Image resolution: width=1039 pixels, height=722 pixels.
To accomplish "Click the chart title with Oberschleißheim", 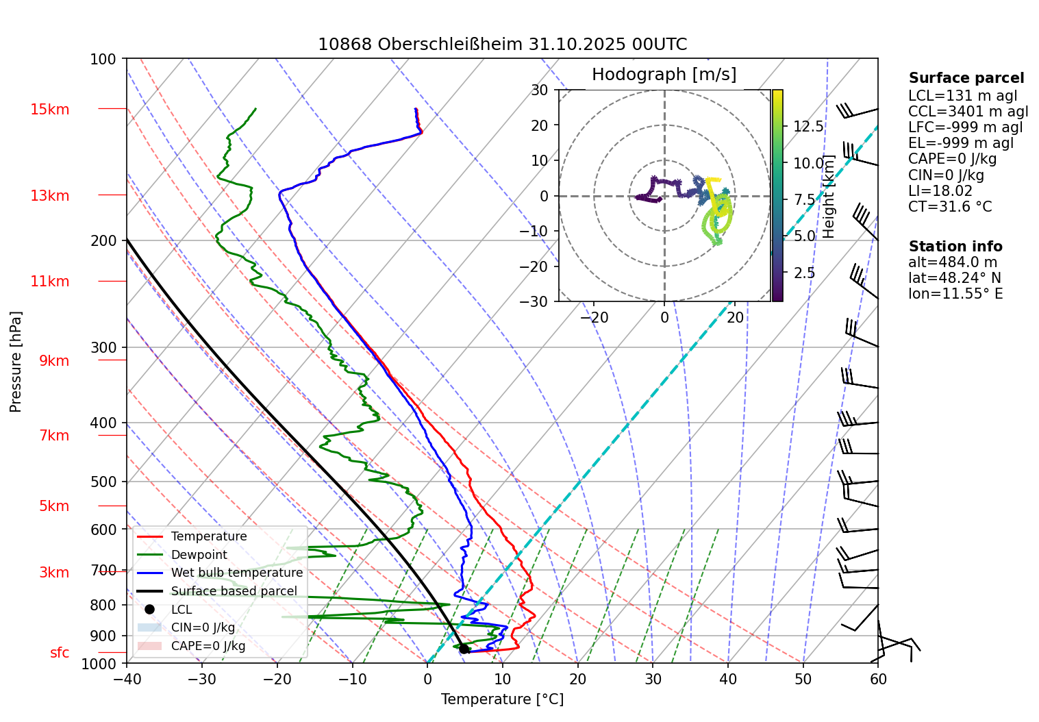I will (502, 45).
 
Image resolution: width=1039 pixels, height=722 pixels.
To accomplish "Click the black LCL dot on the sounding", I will (464, 649).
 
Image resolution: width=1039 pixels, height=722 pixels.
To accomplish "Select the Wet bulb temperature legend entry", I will (236, 573).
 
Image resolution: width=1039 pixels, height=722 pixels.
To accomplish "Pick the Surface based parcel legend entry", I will (234, 591).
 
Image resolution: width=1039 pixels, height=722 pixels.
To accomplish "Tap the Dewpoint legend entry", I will (199, 555).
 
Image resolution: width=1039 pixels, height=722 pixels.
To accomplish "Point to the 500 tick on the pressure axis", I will (104, 482).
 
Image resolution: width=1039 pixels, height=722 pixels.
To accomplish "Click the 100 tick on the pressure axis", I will (103, 59).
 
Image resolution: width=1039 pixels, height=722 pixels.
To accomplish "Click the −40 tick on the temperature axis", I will (127, 679).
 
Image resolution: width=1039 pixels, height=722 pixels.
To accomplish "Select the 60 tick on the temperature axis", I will (878, 679).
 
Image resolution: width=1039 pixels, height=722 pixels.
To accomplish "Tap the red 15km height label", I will (50, 110).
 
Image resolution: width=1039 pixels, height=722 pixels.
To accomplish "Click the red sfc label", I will (60, 653).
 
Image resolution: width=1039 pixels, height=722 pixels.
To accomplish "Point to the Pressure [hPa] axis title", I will (16, 362).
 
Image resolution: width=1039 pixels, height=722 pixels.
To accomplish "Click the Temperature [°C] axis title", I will (502, 699).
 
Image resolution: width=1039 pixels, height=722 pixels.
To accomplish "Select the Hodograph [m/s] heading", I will (664, 75).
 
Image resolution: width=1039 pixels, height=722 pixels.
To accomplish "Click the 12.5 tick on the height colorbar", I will (808, 127).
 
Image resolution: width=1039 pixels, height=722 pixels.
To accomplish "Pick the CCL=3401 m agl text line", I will (968, 112).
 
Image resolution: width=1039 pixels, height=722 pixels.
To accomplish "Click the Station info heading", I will (955, 247).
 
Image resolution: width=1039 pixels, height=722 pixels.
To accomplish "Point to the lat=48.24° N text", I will (955, 278).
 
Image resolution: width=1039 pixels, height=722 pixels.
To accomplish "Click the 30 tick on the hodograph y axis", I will (540, 90).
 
